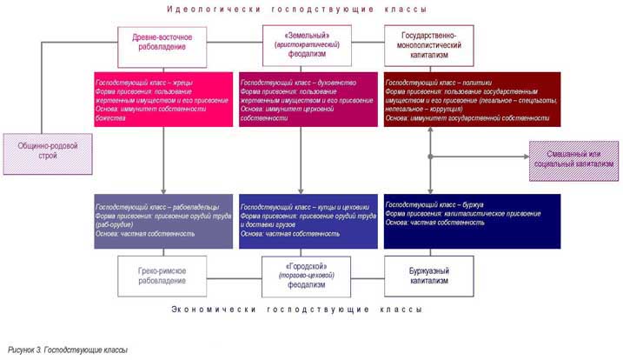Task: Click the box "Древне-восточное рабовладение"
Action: coord(162,47)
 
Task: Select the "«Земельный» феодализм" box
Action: coord(300,47)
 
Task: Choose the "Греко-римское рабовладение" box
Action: coord(162,276)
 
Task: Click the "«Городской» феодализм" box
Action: coord(300,276)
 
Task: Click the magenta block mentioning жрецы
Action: coord(163,101)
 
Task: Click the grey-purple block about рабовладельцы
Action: coord(163,221)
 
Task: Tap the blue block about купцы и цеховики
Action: coord(308,221)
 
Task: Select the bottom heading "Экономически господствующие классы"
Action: coord(297,310)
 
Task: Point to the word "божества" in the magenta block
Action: coord(110,118)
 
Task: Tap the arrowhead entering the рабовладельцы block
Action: coord(162,191)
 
